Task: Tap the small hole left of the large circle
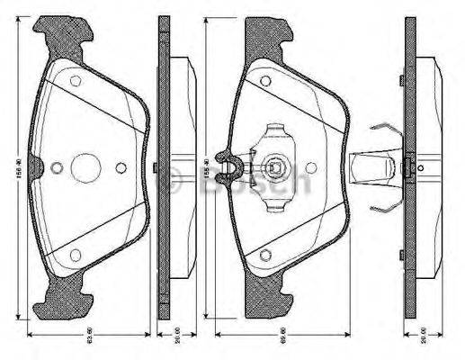tap(57, 167)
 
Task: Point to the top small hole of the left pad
tap(76, 81)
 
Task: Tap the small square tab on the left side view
tap(156, 167)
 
